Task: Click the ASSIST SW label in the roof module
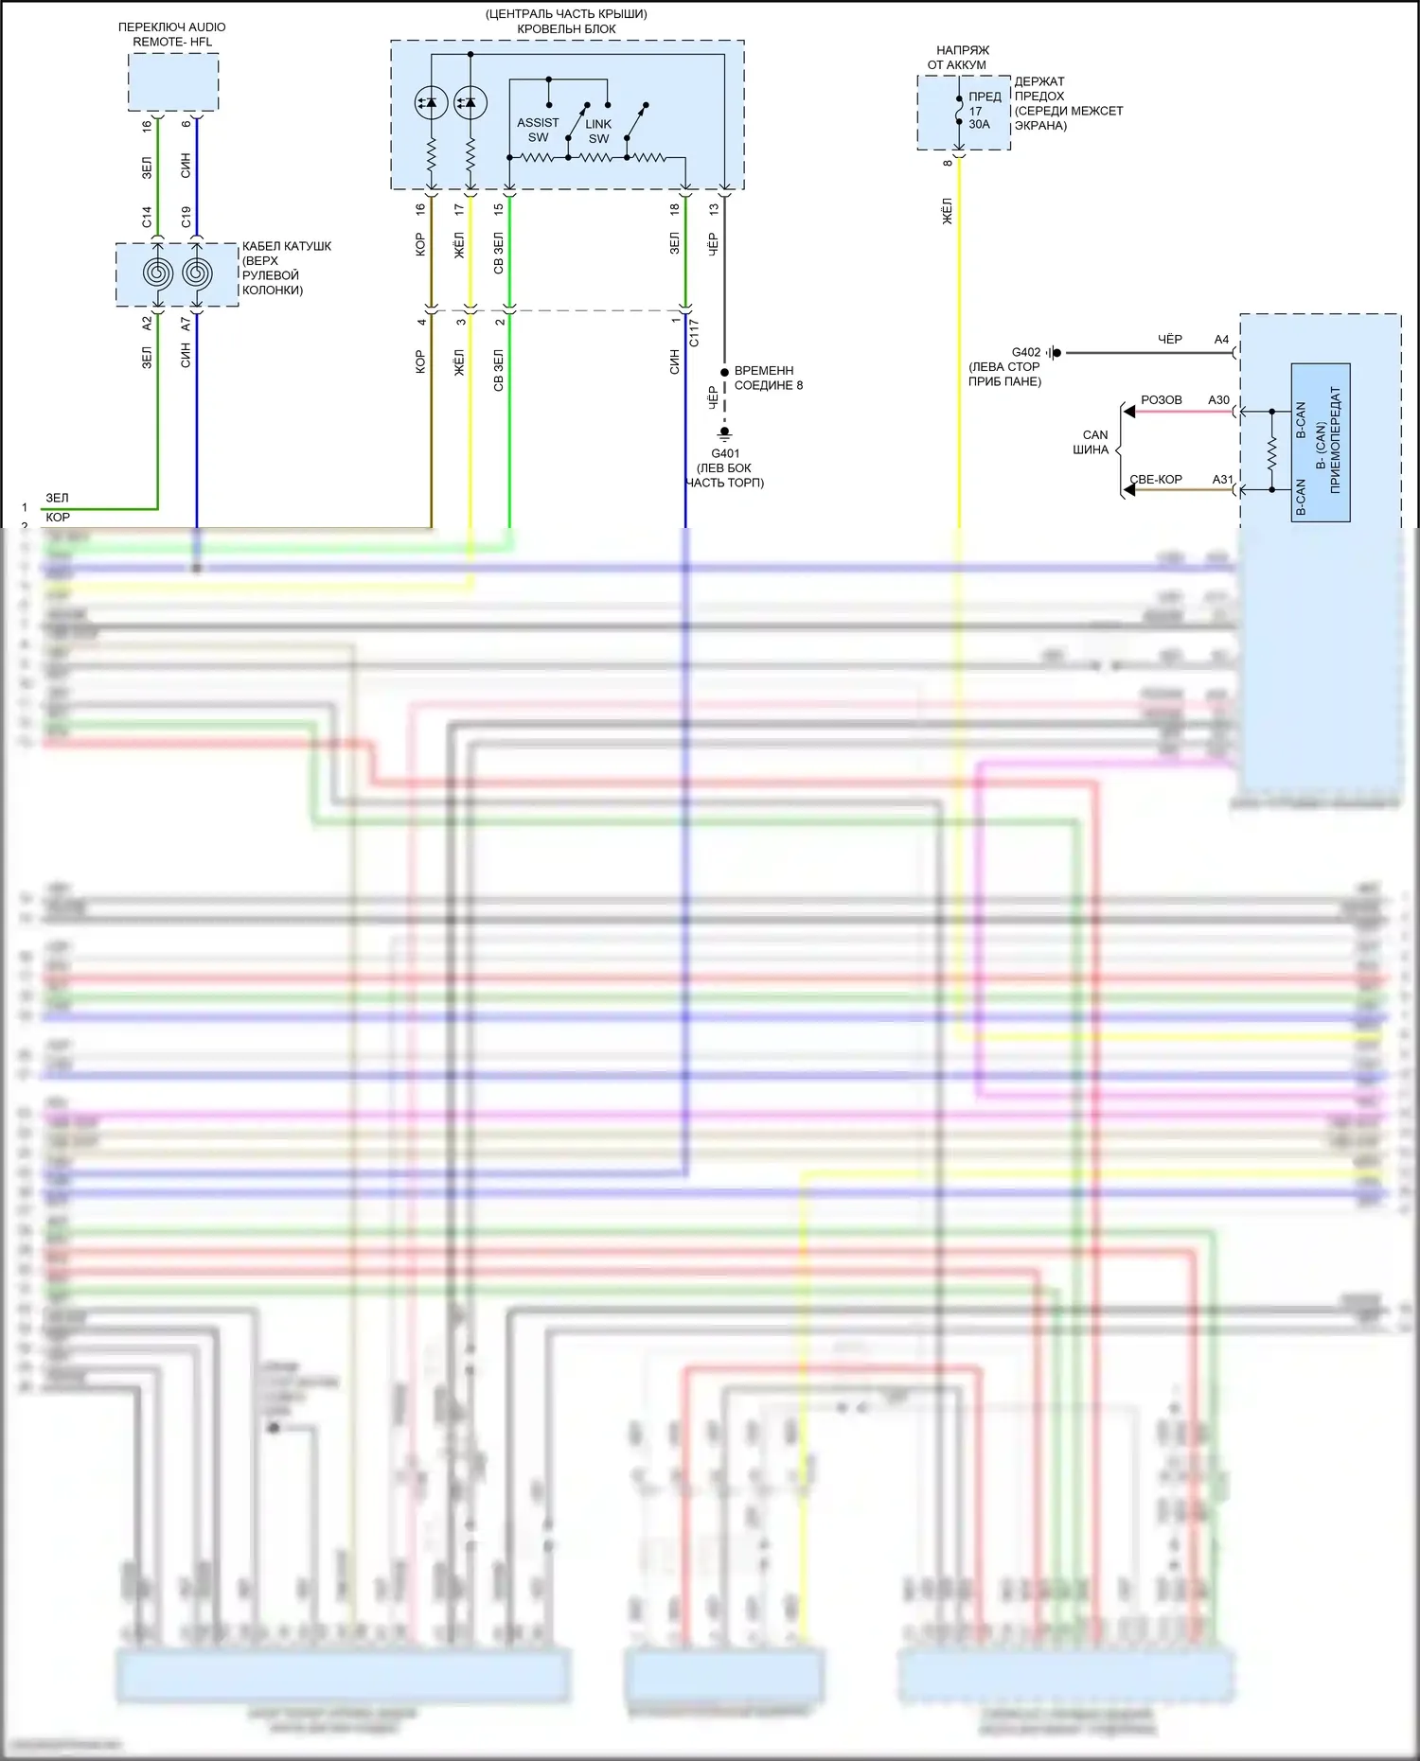[x=538, y=130]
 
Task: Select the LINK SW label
[x=598, y=132]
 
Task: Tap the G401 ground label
[x=725, y=453]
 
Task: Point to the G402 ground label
[x=1025, y=352]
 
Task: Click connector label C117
[x=694, y=332]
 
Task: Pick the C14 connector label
[x=147, y=217]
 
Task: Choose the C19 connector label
[x=186, y=217]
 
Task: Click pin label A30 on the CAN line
[x=1218, y=400]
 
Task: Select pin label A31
[x=1223, y=480]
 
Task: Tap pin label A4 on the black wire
[x=1221, y=340]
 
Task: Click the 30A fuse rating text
[x=979, y=124]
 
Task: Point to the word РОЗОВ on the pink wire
[x=1161, y=400]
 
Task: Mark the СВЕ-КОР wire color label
[x=1156, y=480]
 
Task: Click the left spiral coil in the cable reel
[x=157, y=273]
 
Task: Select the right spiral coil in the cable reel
[x=197, y=273]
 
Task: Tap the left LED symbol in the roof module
[x=432, y=102]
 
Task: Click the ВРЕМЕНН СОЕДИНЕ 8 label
[x=768, y=378]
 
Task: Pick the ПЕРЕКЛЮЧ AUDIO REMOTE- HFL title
[x=172, y=34]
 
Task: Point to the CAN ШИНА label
[x=1092, y=442]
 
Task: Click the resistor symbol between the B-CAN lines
[x=1271, y=451]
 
